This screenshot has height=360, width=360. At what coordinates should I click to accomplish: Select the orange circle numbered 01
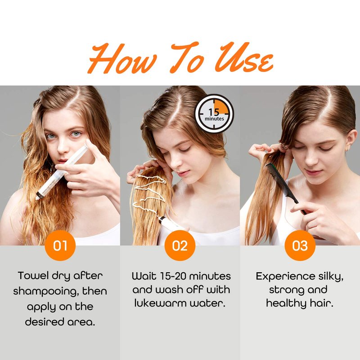pyautogui.click(x=60, y=245)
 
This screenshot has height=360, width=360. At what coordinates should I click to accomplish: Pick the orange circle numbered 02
pyautogui.click(x=180, y=245)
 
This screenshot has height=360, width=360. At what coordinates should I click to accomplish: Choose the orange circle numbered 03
pyautogui.click(x=300, y=245)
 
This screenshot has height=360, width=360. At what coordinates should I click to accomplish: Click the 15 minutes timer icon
pyautogui.click(x=214, y=114)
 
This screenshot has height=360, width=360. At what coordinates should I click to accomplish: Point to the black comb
pyautogui.click(x=286, y=188)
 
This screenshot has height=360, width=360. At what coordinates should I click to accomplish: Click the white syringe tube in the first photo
pyautogui.click(x=62, y=172)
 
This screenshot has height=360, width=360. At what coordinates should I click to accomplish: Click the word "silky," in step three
pyautogui.click(x=331, y=277)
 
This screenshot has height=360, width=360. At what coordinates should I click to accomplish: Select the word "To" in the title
pyautogui.click(x=186, y=58)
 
